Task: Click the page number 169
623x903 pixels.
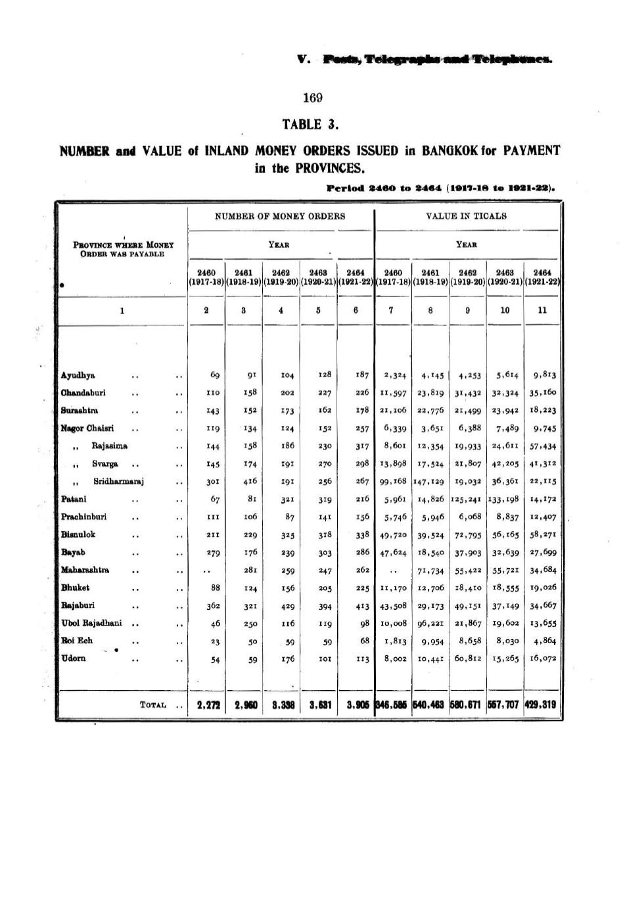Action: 313,98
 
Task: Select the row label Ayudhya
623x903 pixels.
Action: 78,375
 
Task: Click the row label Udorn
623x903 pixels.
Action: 74,659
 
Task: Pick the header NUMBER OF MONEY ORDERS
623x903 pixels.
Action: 280,216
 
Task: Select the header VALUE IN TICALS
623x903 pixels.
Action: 467,216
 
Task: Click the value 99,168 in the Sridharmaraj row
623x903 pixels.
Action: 393,482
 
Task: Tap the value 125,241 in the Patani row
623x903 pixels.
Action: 468,499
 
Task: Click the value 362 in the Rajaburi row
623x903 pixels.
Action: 212,605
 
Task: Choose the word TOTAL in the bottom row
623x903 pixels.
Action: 152,705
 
